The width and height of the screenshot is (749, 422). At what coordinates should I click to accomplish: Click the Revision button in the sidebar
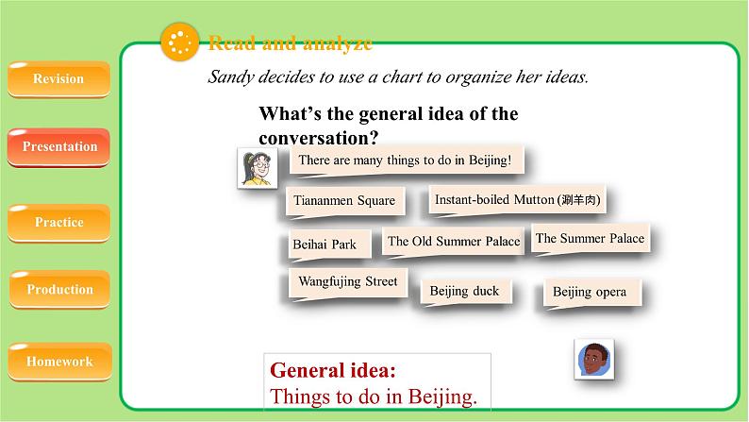tap(58, 79)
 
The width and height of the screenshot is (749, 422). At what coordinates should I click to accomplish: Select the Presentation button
tap(59, 147)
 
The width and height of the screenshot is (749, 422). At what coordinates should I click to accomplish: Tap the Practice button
tap(59, 223)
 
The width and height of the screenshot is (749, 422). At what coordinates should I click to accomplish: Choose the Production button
tap(59, 290)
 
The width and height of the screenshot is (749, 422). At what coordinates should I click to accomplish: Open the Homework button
tap(59, 362)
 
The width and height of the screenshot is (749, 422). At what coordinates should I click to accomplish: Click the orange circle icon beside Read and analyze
tap(179, 42)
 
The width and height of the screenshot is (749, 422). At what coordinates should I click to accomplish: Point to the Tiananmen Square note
tap(344, 201)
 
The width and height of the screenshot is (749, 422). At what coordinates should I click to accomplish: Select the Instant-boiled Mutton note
tap(517, 200)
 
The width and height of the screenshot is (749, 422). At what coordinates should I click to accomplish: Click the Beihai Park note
tap(325, 245)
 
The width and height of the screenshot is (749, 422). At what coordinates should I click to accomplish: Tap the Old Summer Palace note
tap(454, 242)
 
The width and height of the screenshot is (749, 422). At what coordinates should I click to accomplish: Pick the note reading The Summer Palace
tap(590, 239)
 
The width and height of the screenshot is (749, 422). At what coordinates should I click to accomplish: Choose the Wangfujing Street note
tap(347, 282)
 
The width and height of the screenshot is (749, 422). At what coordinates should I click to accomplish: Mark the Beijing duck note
tap(464, 291)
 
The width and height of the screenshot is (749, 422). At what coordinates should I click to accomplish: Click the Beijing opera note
tap(590, 293)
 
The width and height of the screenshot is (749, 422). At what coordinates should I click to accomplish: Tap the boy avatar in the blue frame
tap(593, 359)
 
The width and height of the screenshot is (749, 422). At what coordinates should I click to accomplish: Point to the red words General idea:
tap(333, 369)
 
